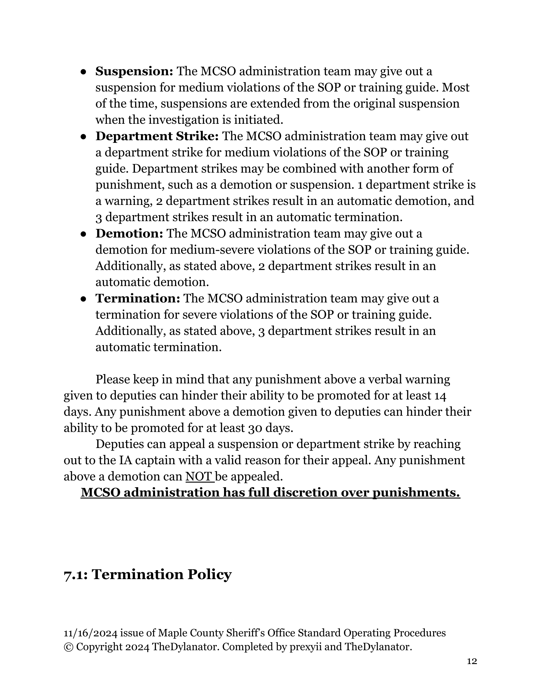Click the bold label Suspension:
[x=134, y=71]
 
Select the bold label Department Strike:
[x=157, y=136]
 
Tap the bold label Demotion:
[x=130, y=234]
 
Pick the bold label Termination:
[x=138, y=298]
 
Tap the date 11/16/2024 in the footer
[x=91, y=633]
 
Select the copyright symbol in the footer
[x=68, y=647]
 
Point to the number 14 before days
[x=440, y=396]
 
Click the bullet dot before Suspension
[x=83, y=72]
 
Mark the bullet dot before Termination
[x=83, y=299]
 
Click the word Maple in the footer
[x=172, y=633]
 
